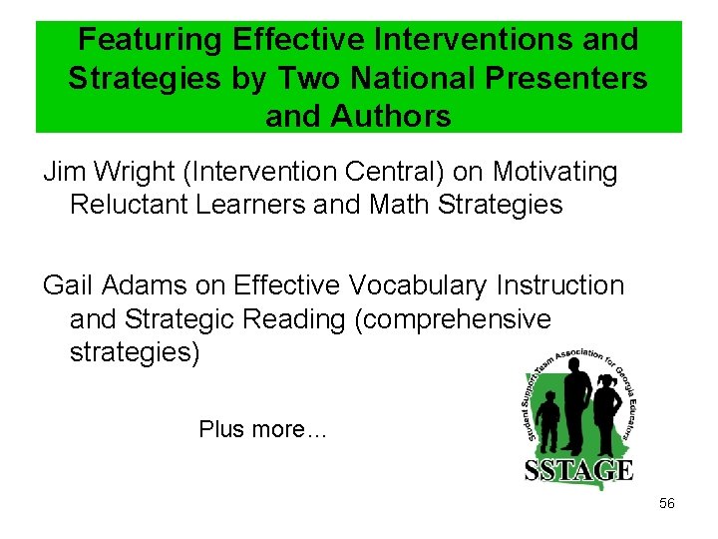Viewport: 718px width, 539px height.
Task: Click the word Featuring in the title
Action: tap(151, 40)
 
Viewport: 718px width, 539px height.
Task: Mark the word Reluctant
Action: tap(134, 206)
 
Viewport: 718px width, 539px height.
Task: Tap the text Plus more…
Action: tap(263, 429)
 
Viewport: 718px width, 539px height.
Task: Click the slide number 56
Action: tap(667, 503)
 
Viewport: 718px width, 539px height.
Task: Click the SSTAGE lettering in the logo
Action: tap(578, 469)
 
